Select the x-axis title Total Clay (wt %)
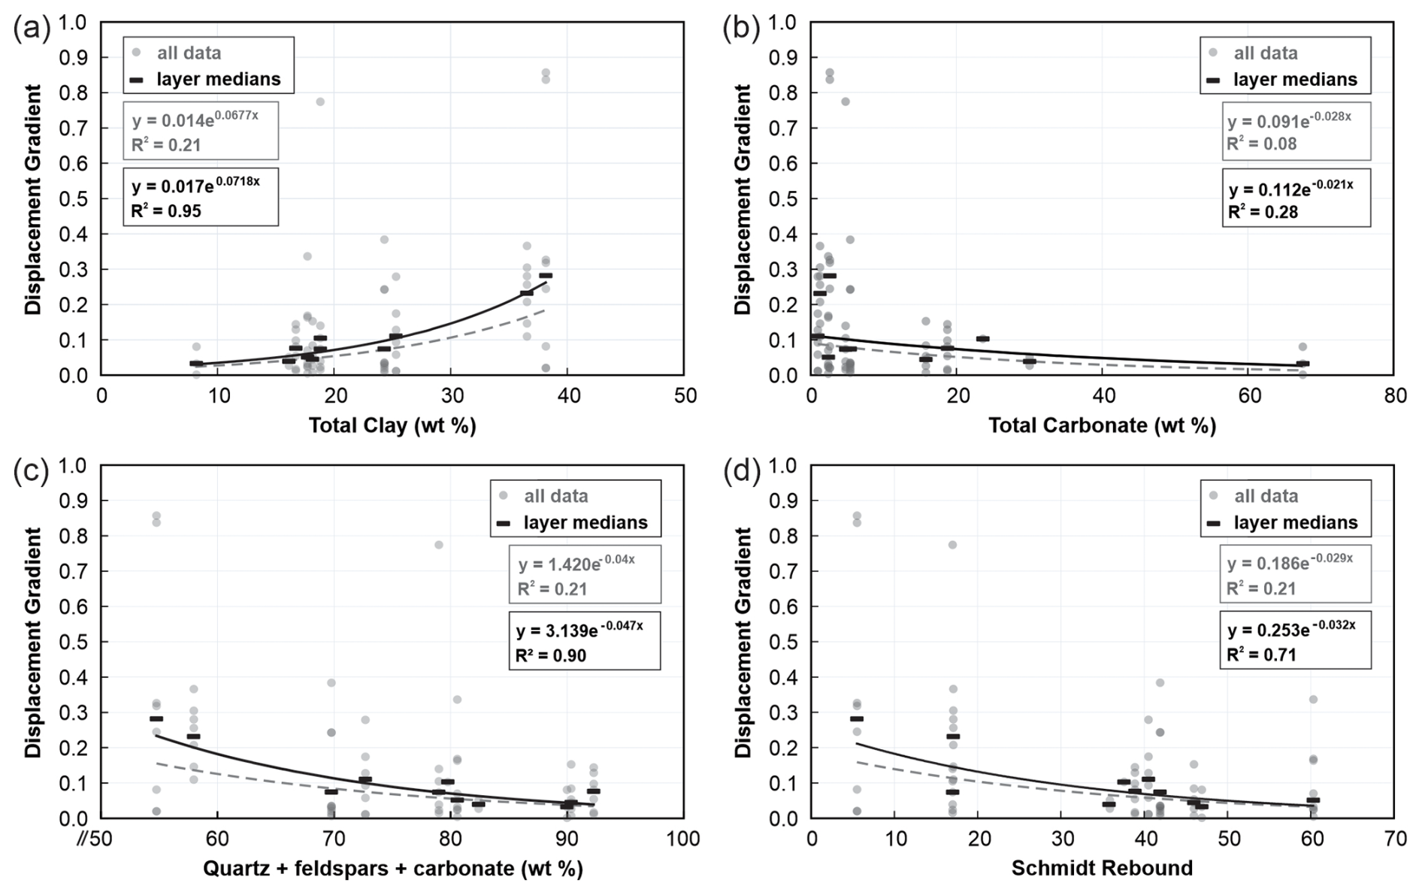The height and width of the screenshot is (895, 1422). [392, 426]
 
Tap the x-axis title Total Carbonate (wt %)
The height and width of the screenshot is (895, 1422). [1102, 426]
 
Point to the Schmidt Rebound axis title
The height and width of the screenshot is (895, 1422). [1102, 869]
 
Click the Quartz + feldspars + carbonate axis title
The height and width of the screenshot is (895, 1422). [392, 869]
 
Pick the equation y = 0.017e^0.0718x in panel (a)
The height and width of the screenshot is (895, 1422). [195, 183]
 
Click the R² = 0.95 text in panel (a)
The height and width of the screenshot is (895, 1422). [166, 211]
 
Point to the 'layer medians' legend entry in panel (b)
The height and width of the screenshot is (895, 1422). [1295, 80]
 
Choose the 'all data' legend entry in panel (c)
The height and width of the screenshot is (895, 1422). [555, 496]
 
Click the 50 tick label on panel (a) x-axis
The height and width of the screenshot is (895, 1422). [685, 395]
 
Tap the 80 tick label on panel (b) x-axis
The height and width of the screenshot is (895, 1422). [1395, 395]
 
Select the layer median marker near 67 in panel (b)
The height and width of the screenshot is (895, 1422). [1302, 364]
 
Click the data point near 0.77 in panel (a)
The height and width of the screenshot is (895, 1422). [319, 101]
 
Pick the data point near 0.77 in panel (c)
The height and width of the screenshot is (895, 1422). [438, 545]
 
